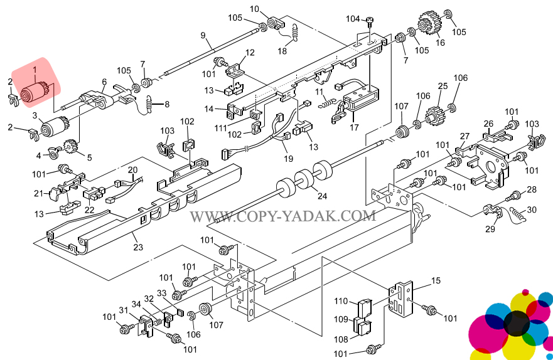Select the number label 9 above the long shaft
click(203, 34)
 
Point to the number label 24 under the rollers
click(322, 196)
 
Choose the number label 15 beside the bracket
click(436, 280)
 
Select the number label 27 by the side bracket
click(464, 136)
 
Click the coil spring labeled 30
click(518, 213)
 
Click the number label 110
click(341, 300)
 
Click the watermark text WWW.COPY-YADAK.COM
click(283, 216)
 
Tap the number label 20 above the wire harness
click(132, 170)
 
